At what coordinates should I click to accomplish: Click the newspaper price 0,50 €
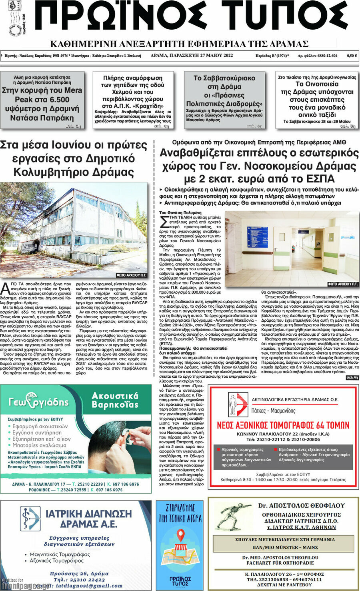[x=352, y=56]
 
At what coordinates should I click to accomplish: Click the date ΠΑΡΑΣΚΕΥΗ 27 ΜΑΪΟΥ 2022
[x=192, y=56]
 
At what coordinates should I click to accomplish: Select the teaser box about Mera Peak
[x=42, y=100]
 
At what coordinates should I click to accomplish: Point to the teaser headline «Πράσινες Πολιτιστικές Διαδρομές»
[x=224, y=100]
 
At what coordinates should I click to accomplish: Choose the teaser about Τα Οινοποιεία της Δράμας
[x=316, y=100]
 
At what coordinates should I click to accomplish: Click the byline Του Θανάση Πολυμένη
[x=180, y=213]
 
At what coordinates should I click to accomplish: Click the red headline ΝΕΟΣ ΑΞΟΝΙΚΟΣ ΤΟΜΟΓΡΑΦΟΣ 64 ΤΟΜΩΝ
[x=283, y=425]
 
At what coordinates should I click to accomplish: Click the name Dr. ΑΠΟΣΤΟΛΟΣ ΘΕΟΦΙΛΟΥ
[x=301, y=506]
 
